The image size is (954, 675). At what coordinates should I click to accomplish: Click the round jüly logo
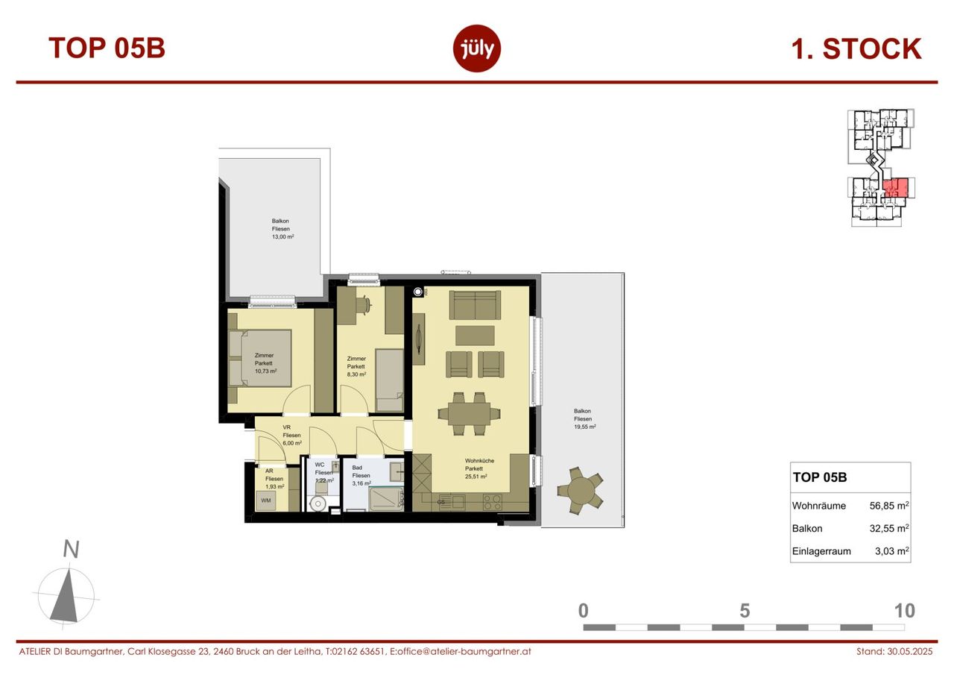click(476, 48)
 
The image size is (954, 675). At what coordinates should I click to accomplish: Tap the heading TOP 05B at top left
click(107, 48)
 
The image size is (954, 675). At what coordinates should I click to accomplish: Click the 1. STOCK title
click(856, 49)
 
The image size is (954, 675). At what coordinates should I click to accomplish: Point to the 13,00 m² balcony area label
click(282, 237)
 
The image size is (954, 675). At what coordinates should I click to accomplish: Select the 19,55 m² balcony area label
click(585, 427)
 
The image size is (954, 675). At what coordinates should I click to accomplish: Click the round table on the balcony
click(580, 491)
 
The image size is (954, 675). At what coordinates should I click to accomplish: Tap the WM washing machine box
click(266, 500)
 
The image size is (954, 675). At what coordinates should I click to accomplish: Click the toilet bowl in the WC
click(318, 503)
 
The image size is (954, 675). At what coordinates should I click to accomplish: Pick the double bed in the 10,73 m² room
click(260, 358)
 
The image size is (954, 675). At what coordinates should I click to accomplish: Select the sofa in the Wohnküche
click(475, 305)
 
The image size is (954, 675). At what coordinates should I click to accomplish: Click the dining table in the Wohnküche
click(469, 414)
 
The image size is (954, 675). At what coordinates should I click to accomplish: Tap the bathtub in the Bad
click(386, 498)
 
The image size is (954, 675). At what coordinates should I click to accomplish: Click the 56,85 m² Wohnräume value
click(889, 506)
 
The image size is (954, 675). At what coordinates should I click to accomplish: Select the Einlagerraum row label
click(821, 551)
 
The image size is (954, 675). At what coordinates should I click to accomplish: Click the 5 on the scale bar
click(745, 611)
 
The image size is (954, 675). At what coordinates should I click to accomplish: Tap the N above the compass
click(71, 549)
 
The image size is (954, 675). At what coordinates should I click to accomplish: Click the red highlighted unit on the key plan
click(895, 187)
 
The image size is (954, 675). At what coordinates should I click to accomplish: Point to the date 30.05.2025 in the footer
click(910, 651)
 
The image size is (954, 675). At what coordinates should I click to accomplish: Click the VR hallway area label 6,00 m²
click(292, 443)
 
